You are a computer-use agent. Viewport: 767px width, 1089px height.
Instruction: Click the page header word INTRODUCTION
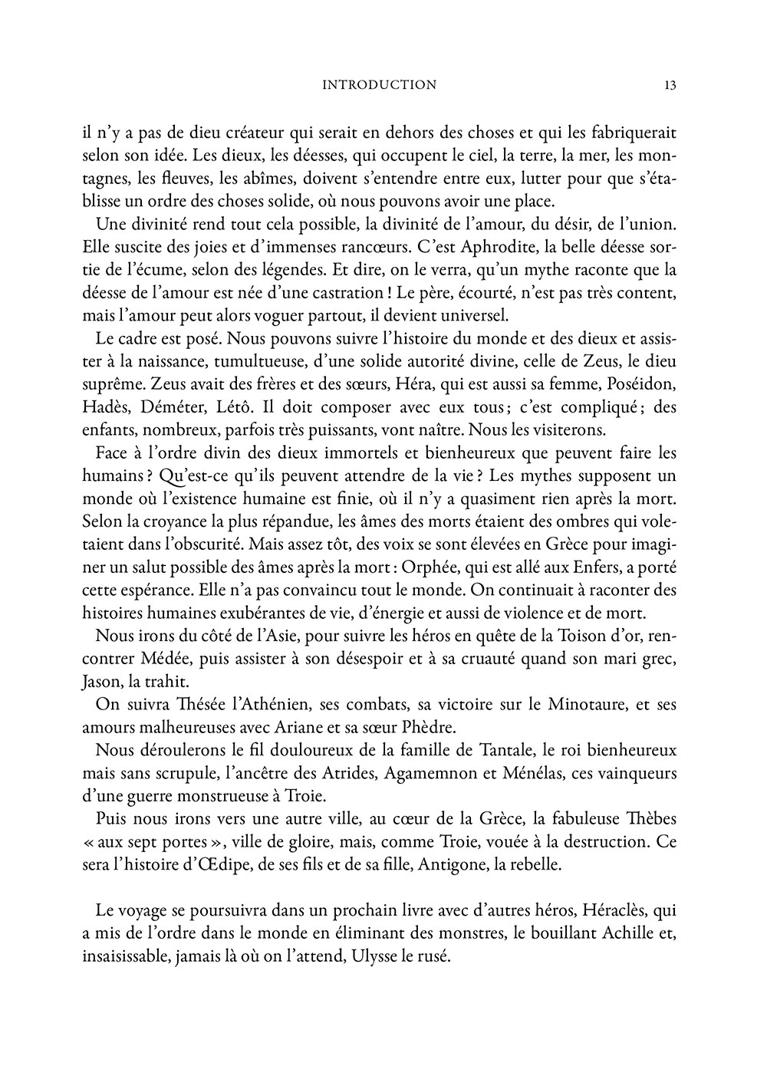click(380, 85)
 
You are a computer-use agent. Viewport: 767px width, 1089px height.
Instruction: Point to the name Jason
click(100, 682)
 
